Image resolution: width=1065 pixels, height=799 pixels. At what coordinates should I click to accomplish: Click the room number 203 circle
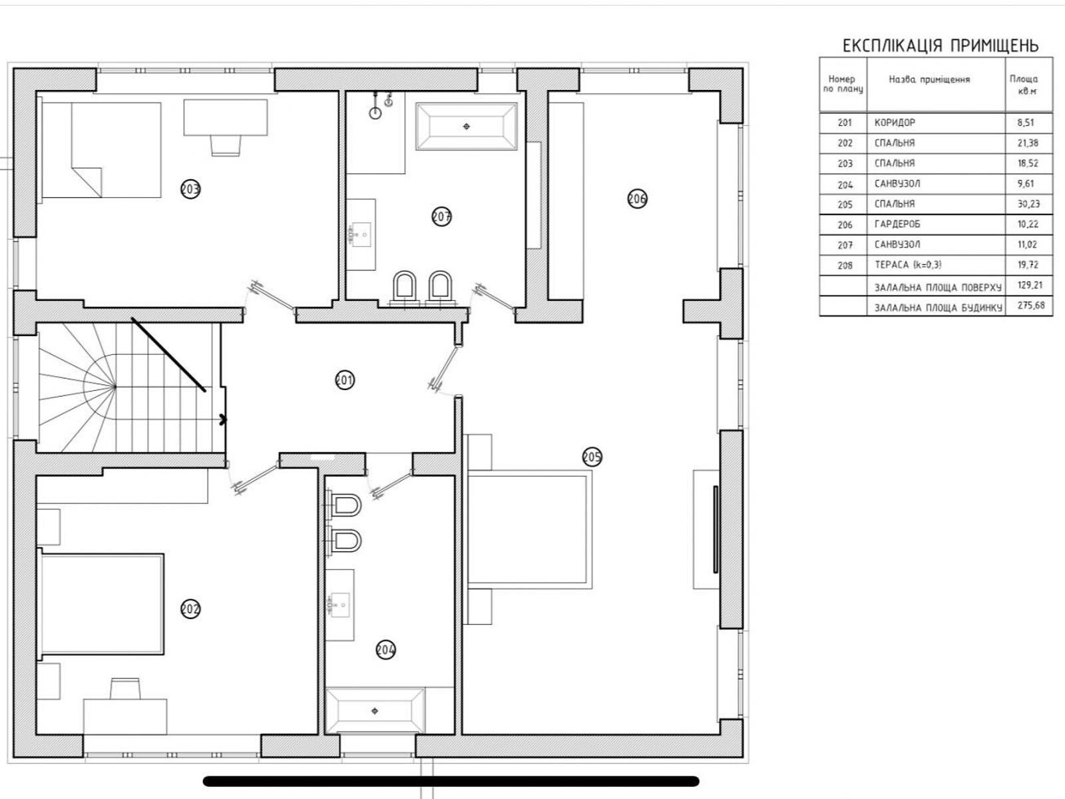(190, 188)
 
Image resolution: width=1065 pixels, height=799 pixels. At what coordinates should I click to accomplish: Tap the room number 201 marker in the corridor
(345, 380)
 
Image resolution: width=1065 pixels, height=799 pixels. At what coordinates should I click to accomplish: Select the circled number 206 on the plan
(637, 198)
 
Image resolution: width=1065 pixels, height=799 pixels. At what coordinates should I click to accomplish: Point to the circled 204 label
(385, 650)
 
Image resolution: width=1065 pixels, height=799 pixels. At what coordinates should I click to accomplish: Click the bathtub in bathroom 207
(467, 126)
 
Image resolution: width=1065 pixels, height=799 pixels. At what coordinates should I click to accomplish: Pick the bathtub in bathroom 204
(375, 710)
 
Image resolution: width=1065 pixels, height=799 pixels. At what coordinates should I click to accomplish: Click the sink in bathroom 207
(361, 235)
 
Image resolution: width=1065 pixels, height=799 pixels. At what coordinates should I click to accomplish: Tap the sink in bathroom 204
(339, 605)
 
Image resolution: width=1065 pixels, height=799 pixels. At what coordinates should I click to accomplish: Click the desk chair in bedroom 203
(226, 146)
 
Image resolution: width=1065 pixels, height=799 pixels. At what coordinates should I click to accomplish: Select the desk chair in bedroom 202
(125, 689)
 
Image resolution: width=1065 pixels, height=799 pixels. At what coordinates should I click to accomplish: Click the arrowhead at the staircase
(223, 419)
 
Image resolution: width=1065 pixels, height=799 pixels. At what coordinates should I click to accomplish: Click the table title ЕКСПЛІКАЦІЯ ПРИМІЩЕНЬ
(941, 45)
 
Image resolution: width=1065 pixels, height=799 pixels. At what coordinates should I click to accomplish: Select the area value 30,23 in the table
(1028, 204)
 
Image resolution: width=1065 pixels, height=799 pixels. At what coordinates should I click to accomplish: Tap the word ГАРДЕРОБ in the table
(897, 224)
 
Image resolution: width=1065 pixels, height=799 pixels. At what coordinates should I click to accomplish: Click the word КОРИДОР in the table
(895, 123)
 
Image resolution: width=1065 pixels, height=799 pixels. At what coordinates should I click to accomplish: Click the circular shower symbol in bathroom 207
(375, 113)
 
